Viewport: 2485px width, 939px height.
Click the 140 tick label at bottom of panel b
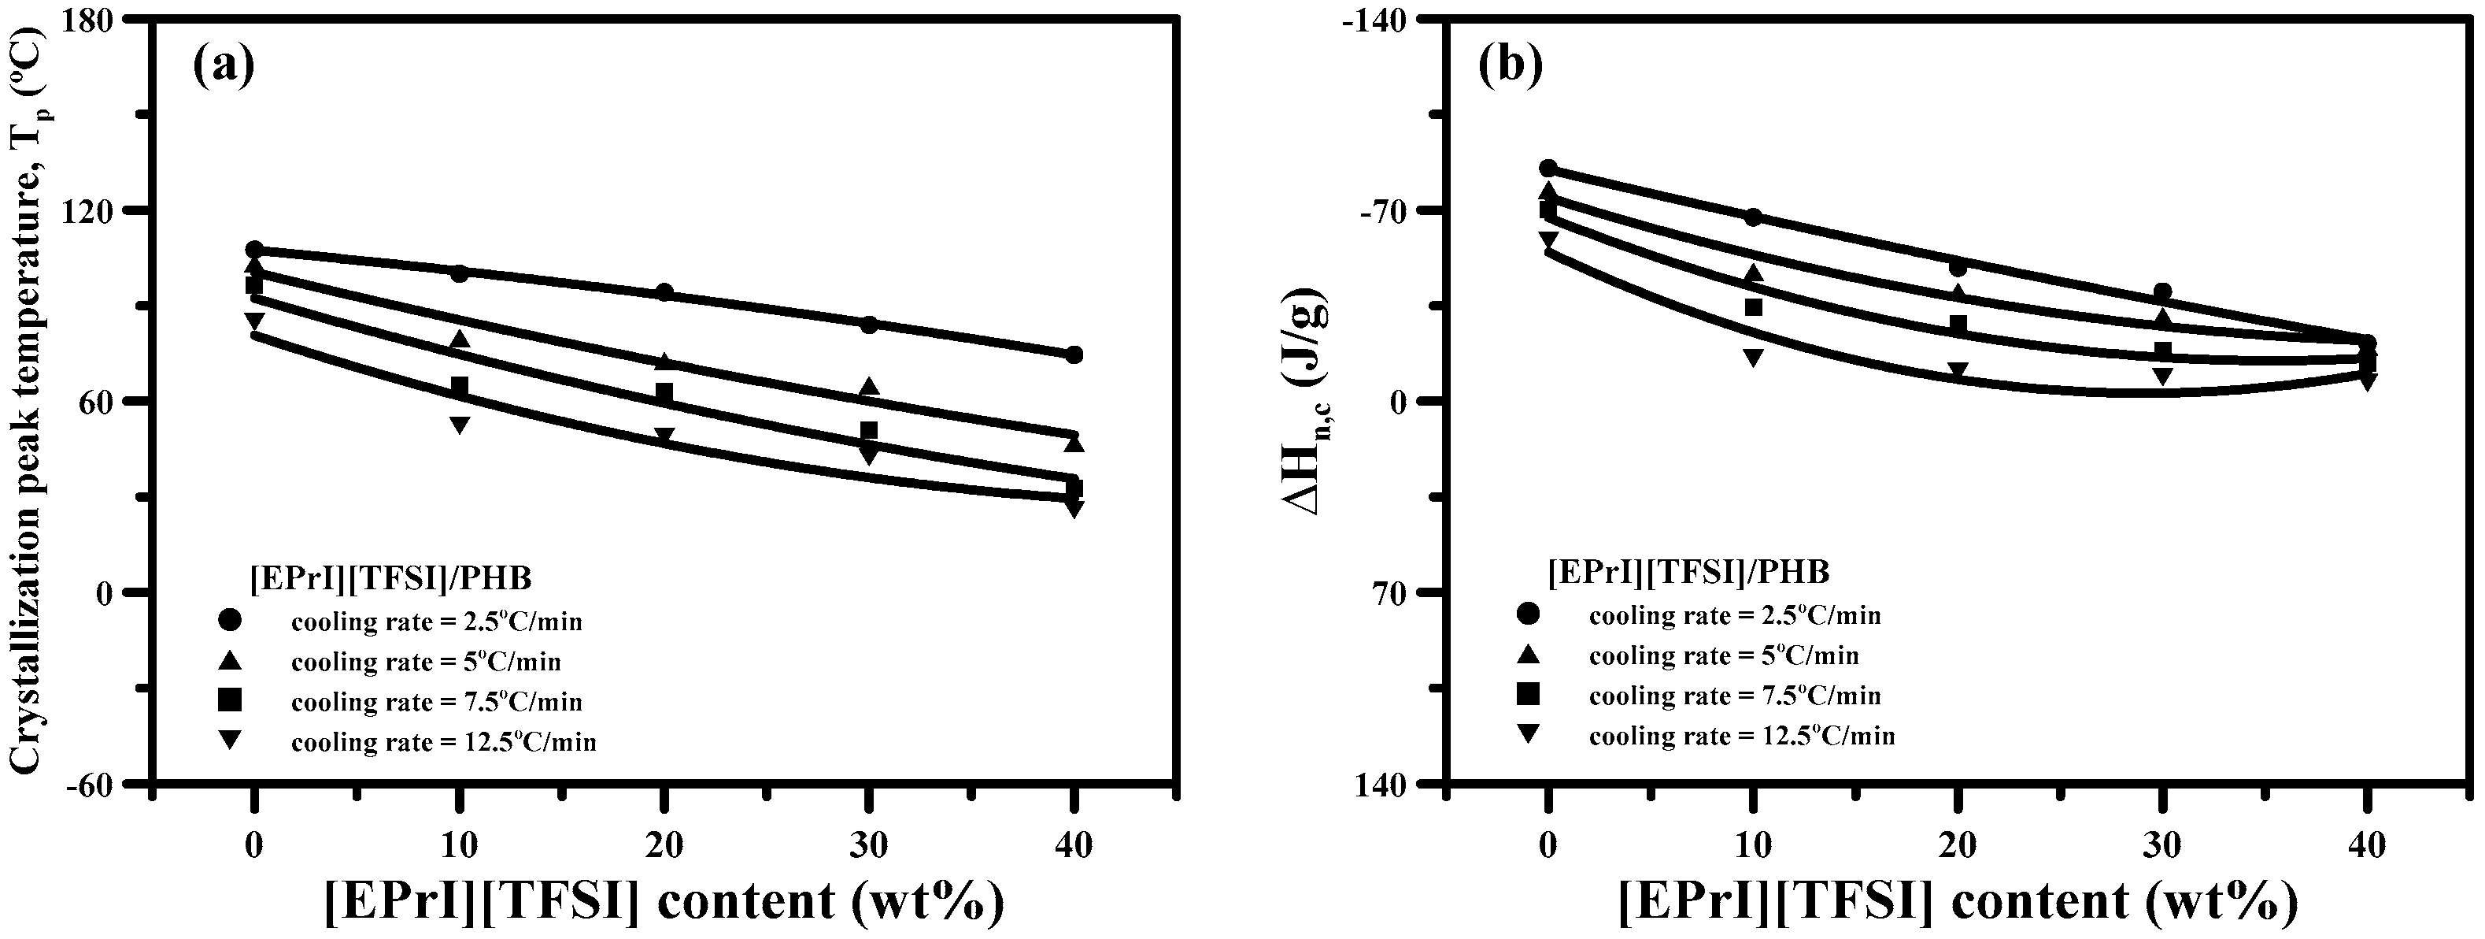1389,784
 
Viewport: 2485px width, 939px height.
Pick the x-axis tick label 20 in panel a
664,846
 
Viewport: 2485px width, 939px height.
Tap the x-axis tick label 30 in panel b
2163,846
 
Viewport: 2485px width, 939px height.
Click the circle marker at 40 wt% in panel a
1074,354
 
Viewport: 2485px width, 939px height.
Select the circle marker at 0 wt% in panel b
1548,169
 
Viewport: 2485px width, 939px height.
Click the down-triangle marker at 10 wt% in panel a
459,425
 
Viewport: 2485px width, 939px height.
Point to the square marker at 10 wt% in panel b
1753,307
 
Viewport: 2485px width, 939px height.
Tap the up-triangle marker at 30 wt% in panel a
869,387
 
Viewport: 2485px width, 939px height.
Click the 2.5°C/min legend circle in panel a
230,618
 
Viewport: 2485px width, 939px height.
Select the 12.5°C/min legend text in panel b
1741,737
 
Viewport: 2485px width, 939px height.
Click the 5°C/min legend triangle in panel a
230,660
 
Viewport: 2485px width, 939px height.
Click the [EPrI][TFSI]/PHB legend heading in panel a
390,577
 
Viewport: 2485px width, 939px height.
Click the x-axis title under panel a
664,901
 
